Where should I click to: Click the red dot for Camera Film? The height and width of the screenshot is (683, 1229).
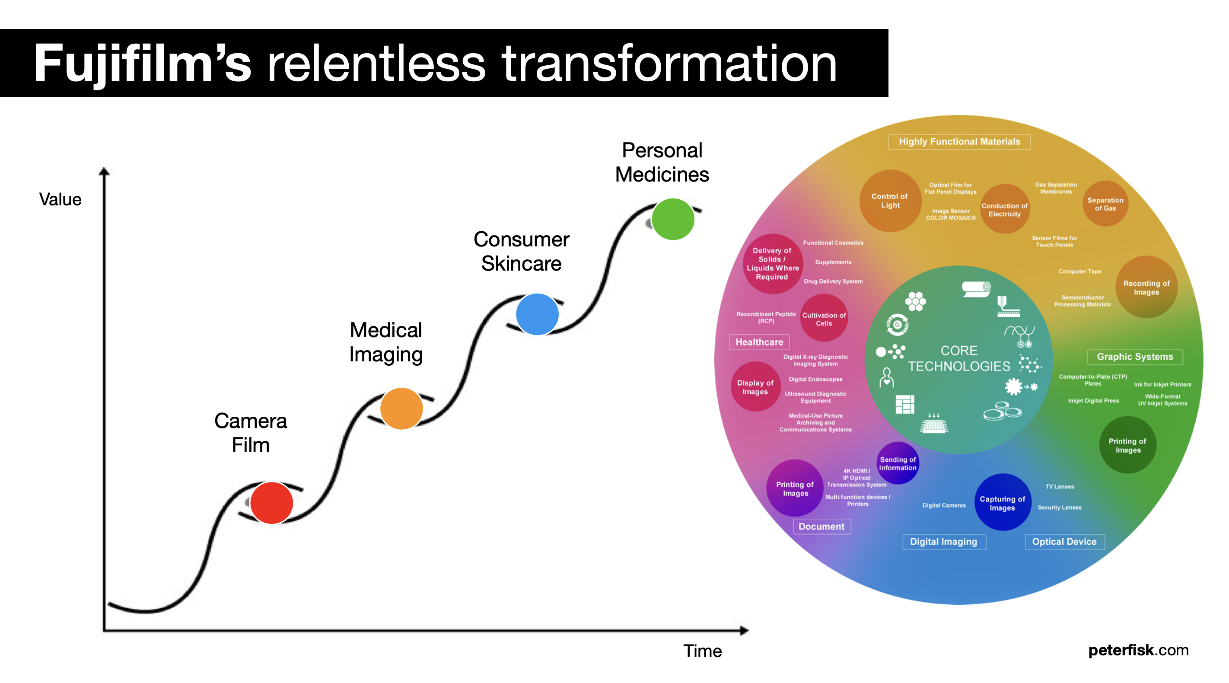click(x=271, y=503)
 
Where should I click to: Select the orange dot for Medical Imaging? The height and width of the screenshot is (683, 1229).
click(x=401, y=408)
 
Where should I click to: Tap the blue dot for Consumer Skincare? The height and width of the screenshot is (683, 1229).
click(x=537, y=314)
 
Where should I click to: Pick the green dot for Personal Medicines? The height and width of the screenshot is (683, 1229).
click(x=673, y=219)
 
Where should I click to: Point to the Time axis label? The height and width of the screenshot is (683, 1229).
click(x=702, y=651)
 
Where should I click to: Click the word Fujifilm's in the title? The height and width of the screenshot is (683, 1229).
click(x=142, y=64)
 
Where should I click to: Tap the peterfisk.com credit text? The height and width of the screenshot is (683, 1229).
click(x=1138, y=650)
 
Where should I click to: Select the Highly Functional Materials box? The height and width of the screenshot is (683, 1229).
click(x=959, y=142)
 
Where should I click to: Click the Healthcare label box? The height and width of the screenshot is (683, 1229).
click(x=759, y=342)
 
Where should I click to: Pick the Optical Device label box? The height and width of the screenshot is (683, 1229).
click(x=1064, y=542)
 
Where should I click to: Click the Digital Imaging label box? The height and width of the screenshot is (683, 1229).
click(x=944, y=542)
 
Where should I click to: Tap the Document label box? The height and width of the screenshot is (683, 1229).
click(x=821, y=527)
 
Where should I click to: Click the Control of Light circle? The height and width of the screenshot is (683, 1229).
click(x=890, y=201)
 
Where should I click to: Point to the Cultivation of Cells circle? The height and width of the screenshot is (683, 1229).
click(x=824, y=318)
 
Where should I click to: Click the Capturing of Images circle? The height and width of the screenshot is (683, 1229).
click(x=1003, y=502)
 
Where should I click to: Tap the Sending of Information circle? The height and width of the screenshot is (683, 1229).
click(x=898, y=463)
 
